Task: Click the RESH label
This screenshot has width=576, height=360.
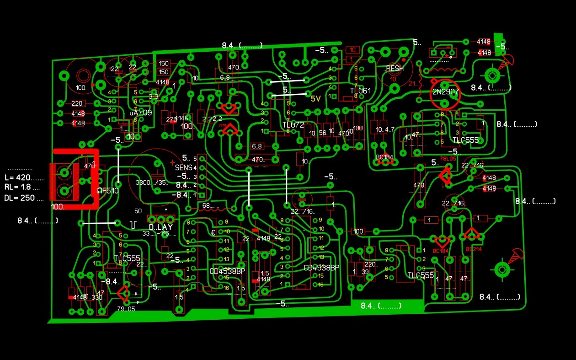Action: [x=395, y=69]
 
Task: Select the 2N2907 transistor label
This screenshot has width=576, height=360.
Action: [x=445, y=91]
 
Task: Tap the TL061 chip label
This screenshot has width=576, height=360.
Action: [x=360, y=91]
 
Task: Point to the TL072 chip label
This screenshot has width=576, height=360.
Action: [x=293, y=125]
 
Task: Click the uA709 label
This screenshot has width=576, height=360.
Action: [x=140, y=113]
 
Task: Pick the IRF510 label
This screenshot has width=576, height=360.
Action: [x=107, y=191]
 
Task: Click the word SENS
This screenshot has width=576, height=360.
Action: [x=184, y=168]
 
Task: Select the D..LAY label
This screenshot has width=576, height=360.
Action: [x=160, y=227]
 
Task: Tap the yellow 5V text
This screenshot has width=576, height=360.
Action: [x=316, y=98]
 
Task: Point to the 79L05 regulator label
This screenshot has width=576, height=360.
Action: [x=126, y=309]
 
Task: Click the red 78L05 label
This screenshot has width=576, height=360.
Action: [x=448, y=159]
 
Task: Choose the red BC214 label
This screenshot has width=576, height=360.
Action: [x=474, y=249]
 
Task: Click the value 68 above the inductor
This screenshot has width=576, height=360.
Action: [x=206, y=205]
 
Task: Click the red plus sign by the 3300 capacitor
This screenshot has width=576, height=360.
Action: [x=172, y=162]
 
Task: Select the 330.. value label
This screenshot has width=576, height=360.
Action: [x=97, y=297]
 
